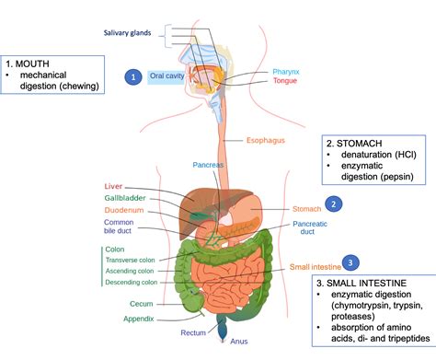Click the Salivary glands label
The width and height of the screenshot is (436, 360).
coord(128,34)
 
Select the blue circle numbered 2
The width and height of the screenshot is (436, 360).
coord(335,203)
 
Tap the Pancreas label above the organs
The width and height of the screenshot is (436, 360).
coord(208,165)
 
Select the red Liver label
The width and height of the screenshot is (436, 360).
coord(114,185)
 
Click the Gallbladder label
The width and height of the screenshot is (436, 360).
coord(126,197)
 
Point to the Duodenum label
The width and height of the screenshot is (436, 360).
coord(124,209)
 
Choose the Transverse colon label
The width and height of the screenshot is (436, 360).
coord(132,260)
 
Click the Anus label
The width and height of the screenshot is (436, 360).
coord(239,343)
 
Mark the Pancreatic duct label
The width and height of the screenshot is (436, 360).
coord(310,228)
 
